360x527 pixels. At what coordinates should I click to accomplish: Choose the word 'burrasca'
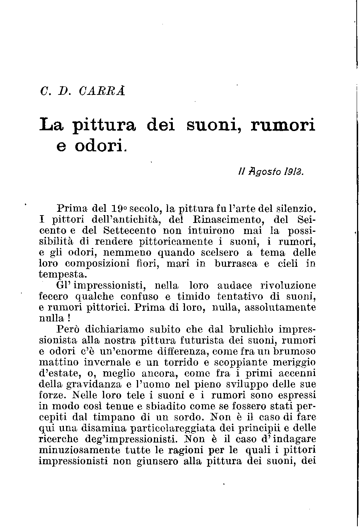tap(235, 263)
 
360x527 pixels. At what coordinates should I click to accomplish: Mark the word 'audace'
tap(235, 285)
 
